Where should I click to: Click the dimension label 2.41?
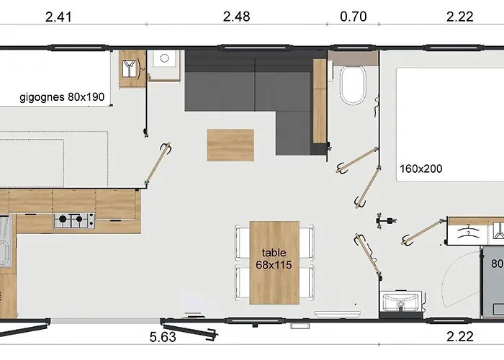pos(58,17)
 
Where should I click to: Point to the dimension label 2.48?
pos(236,17)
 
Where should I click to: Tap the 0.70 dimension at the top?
pos(354,17)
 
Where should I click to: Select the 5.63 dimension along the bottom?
pos(163,337)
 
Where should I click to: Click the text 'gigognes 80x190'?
pos(62,97)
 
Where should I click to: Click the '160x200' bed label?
pos(420,168)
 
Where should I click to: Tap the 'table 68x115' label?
pos(274,258)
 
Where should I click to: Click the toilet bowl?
pos(353,85)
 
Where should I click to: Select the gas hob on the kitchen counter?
pos(74,220)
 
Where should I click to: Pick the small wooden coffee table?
pos(230,145)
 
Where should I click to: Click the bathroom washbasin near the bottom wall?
pos(400,302)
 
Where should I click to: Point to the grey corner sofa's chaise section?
pos(294,133)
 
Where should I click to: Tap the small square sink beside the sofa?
pos(164,58)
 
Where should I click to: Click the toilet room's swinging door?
pos(357,160)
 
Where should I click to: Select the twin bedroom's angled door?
pos(158,163)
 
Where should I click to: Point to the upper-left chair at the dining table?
pos(243,242)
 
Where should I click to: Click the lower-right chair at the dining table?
pos(307,283)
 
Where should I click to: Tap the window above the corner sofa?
pos(255,48)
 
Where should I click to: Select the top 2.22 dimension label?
pos(459,17)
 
